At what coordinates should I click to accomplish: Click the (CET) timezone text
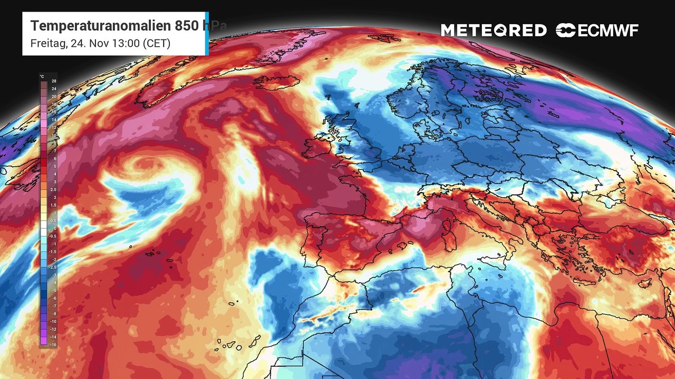click(157, 43)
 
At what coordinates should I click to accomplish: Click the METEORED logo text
click(494, 31)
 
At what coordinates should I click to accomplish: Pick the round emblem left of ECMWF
click(565, 31)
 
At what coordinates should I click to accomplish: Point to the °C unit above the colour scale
click(42, 76)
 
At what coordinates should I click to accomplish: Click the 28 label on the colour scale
click(54, 81)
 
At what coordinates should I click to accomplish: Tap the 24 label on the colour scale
click(54, 89)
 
